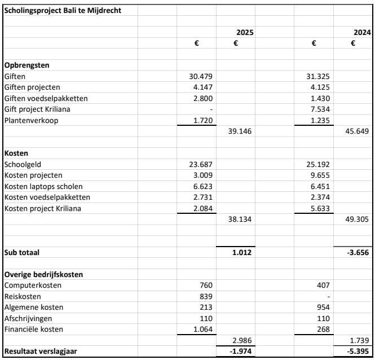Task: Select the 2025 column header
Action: (244, 32)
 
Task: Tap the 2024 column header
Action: (362, 32)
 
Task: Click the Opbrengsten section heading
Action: (27, 65)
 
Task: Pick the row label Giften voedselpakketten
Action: (46, 98)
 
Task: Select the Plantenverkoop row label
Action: (31, 120)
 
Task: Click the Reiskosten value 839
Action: (205, 296)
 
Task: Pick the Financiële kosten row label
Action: (34, 329)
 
